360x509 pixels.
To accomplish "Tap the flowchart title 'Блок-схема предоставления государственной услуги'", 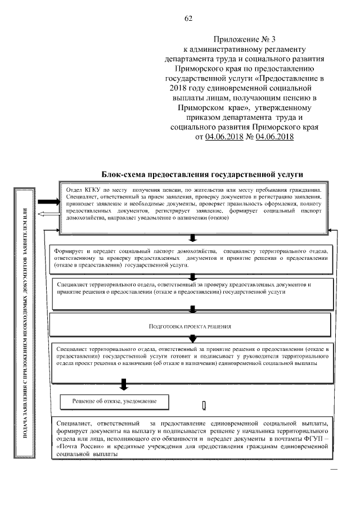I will pyautogui.click(x=205, y=174).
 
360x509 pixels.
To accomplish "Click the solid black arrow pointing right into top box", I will pyautogui.click(x=47, y=203).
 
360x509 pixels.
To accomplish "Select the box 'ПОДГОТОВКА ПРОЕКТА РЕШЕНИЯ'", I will pyautogui.click(x=190, y=326).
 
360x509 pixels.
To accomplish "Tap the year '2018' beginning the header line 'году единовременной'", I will pyautogui.click(x=178, y=88).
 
